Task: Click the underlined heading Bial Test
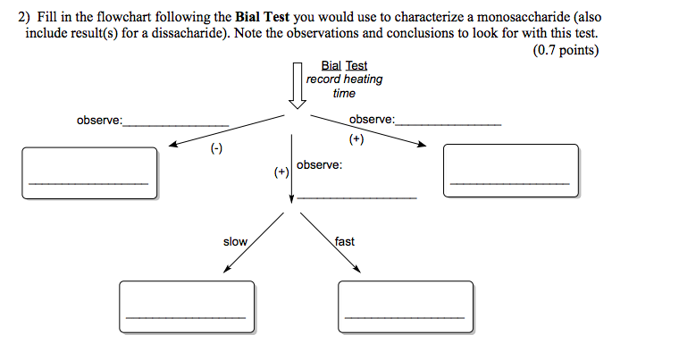pyautogui.click(x=344, y=66)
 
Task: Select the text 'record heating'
pyautogui.click(x=344, y=80)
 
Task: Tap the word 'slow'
pyautogui.click(x=235, y=242)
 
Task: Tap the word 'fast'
pyautogui.click(x=345, y=242)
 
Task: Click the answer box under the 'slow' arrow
pyautogui.click(x=185, y=306)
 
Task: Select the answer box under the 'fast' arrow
pyautogui.click(x=405, y=306)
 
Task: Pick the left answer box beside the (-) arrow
pyautogui.click(x=89, y=172)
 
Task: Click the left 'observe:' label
pyautogui.click(x=99, y=121)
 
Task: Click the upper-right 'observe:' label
pyautogui.click(x=372, y=120)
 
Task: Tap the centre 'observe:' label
pyautogui.click(x=319, y=165)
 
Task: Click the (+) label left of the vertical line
pyautogui.click(x=281, y=172)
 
